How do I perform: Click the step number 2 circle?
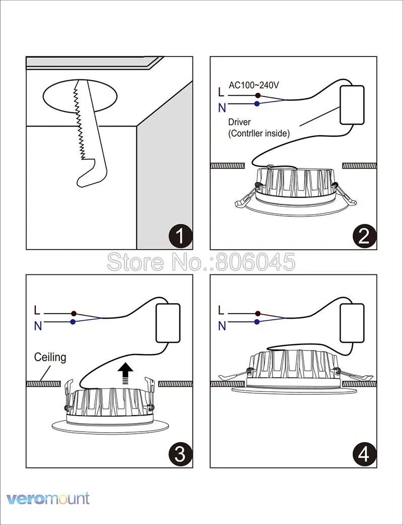pyautogui.click(x=364, y=237)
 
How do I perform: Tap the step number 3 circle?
pyautogui.click(x=180, y=455)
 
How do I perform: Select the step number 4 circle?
pyautogui.click(x=364, y=455)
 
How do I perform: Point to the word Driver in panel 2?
pyautogui.click(x=239, y=122)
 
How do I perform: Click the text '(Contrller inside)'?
pyautogui.click(x=259, y=133)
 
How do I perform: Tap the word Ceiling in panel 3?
pyautogui.click(x=50, y=358)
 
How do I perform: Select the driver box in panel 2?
pyautogui.click(x=352, y=105)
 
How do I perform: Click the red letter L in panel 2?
pyautogui.click(x=222, y=92)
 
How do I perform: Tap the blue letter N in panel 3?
pyautogui.click(x=38, y=326)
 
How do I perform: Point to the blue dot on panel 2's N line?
pyautogui.click(x=257, y=104)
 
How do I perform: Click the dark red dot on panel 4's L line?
pyautogui.click(x=257, y=313)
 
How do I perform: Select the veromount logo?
pyautogui.click(x=48, y=499)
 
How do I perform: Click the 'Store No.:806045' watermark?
pyautogui.click(x=201, y=262)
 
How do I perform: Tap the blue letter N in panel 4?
pyautogui.click(x=222, y=326)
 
